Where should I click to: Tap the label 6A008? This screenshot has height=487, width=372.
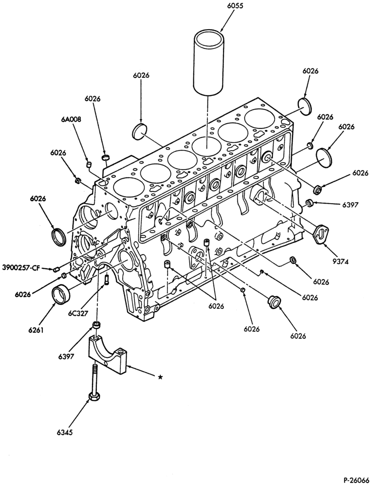[72, 120]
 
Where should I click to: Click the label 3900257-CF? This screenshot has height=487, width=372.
[21, 267]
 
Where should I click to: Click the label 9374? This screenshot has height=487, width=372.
[340, 262]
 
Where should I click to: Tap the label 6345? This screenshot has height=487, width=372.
[64, 431]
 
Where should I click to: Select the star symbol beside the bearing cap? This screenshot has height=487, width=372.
[160, 377]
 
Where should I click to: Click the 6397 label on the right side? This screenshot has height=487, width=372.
[350, 205]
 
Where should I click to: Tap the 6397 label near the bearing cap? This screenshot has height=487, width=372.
[65, 357]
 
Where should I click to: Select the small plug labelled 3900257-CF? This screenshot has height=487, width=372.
[56, 269]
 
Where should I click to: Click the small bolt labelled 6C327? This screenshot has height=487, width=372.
[107, 279]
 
